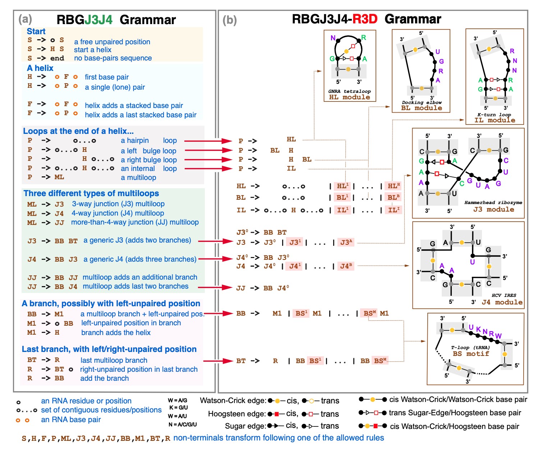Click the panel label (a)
(25, 19)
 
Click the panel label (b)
(230, 20)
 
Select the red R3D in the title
(364, 19)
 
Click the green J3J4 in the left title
(98, 19)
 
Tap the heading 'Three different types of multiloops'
(91, 193)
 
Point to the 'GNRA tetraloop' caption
(349, 91)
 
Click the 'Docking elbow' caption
(422, 103)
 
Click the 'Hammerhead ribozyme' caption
(493, 203)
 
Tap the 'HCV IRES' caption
(504, 295)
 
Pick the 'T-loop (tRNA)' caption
(470, 348)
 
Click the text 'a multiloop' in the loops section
(138, 177)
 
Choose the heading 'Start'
(36, 31)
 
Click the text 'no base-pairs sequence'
(113, 58)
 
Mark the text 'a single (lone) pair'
(115, 87)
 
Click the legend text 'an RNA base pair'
(71, 420)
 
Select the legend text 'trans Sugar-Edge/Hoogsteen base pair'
(455, 413)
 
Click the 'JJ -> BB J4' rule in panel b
(262, 288)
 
